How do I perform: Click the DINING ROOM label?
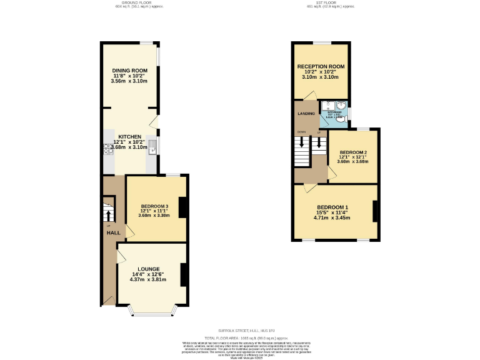tap(129, 71)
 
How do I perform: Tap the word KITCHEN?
tap(130, 136)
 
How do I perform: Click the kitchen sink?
tap(152, 148)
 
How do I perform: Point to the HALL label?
tap(113, 232)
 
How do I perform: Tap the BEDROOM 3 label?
tap(154, 206)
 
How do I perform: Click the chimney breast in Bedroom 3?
tap(182, 207)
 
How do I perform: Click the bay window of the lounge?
tap(154, 310)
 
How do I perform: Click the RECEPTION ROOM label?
tap(321, 66)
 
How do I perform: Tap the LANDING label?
tap(306, 114)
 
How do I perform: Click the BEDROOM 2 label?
tap(352, 152)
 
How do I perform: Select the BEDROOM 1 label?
tap(332, 207)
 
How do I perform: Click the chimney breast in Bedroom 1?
tap(375, 211)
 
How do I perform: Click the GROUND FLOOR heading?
tap(137, 2)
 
